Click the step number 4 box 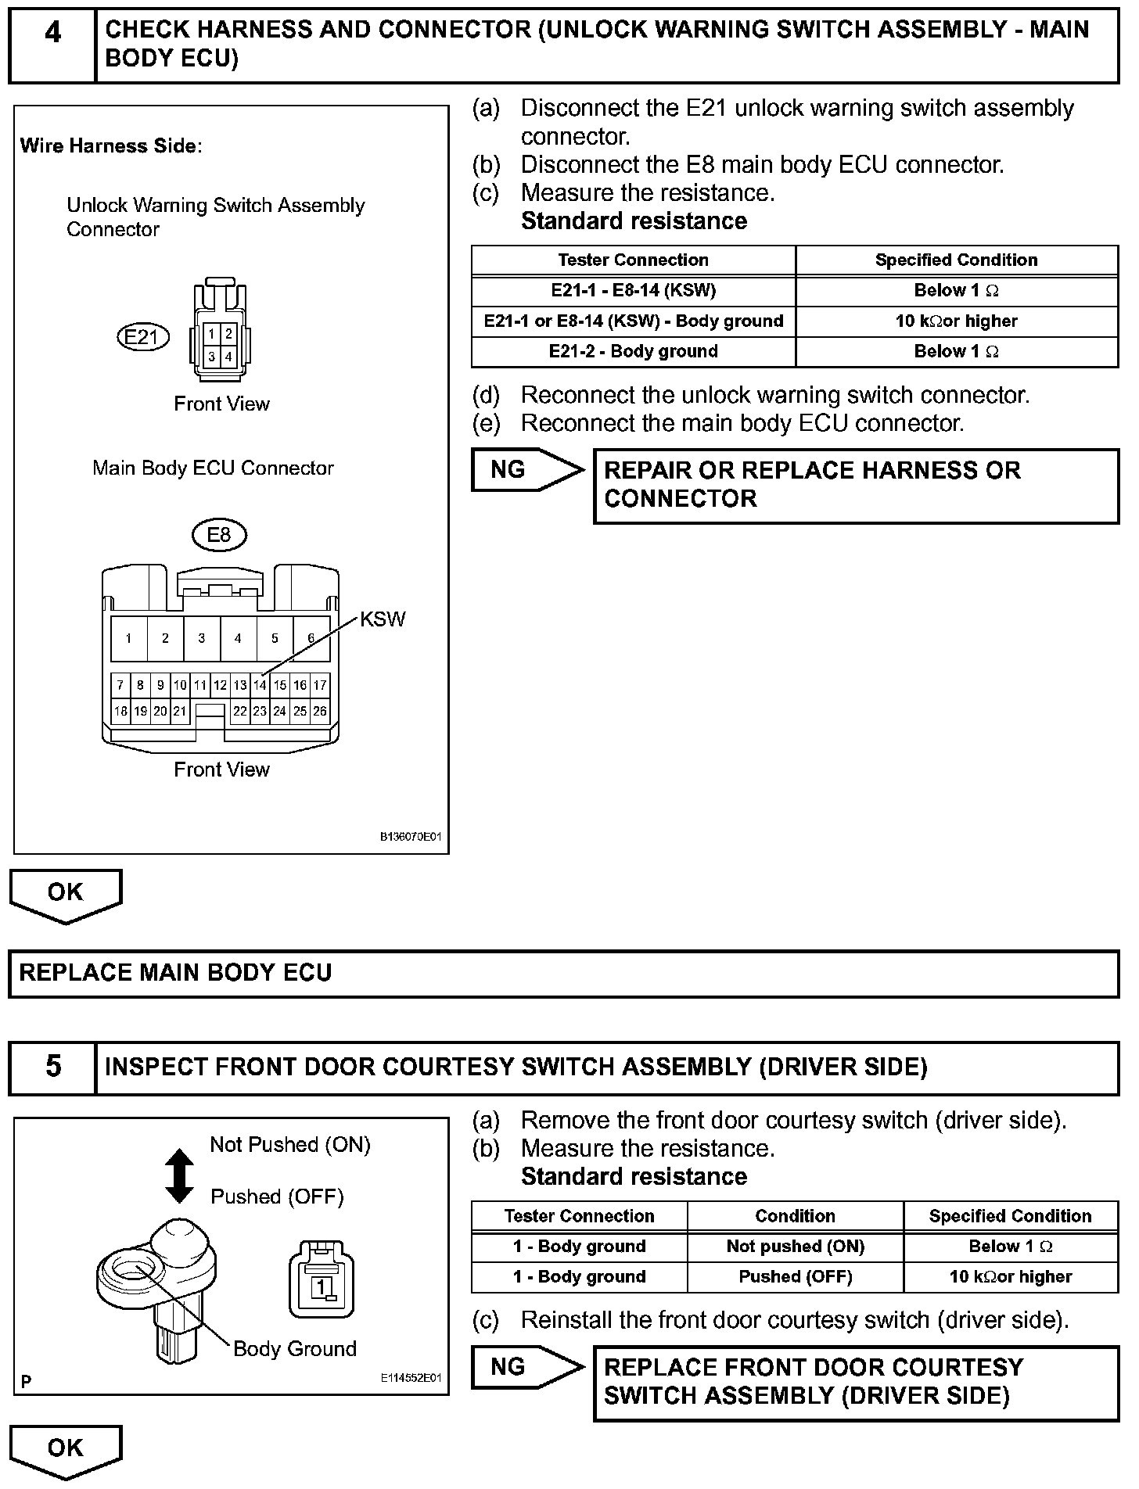(52, 45)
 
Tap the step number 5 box (52, 1067)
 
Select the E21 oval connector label (142, 337)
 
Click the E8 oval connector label (219, 535)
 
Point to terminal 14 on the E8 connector (260, 685)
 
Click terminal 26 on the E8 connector (320, 711)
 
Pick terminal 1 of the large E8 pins (128, 638)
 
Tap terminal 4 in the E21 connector (228, 357)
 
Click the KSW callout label (383, 619)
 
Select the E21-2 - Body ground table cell (633, 351)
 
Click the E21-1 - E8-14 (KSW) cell (633, 290)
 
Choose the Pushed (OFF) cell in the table (795, 1276)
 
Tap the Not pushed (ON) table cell (795, 1246)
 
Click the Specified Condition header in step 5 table (1010, 1216)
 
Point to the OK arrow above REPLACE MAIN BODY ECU (66, 895)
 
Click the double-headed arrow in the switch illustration (180, 1175)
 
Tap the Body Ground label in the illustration (295, 1349)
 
